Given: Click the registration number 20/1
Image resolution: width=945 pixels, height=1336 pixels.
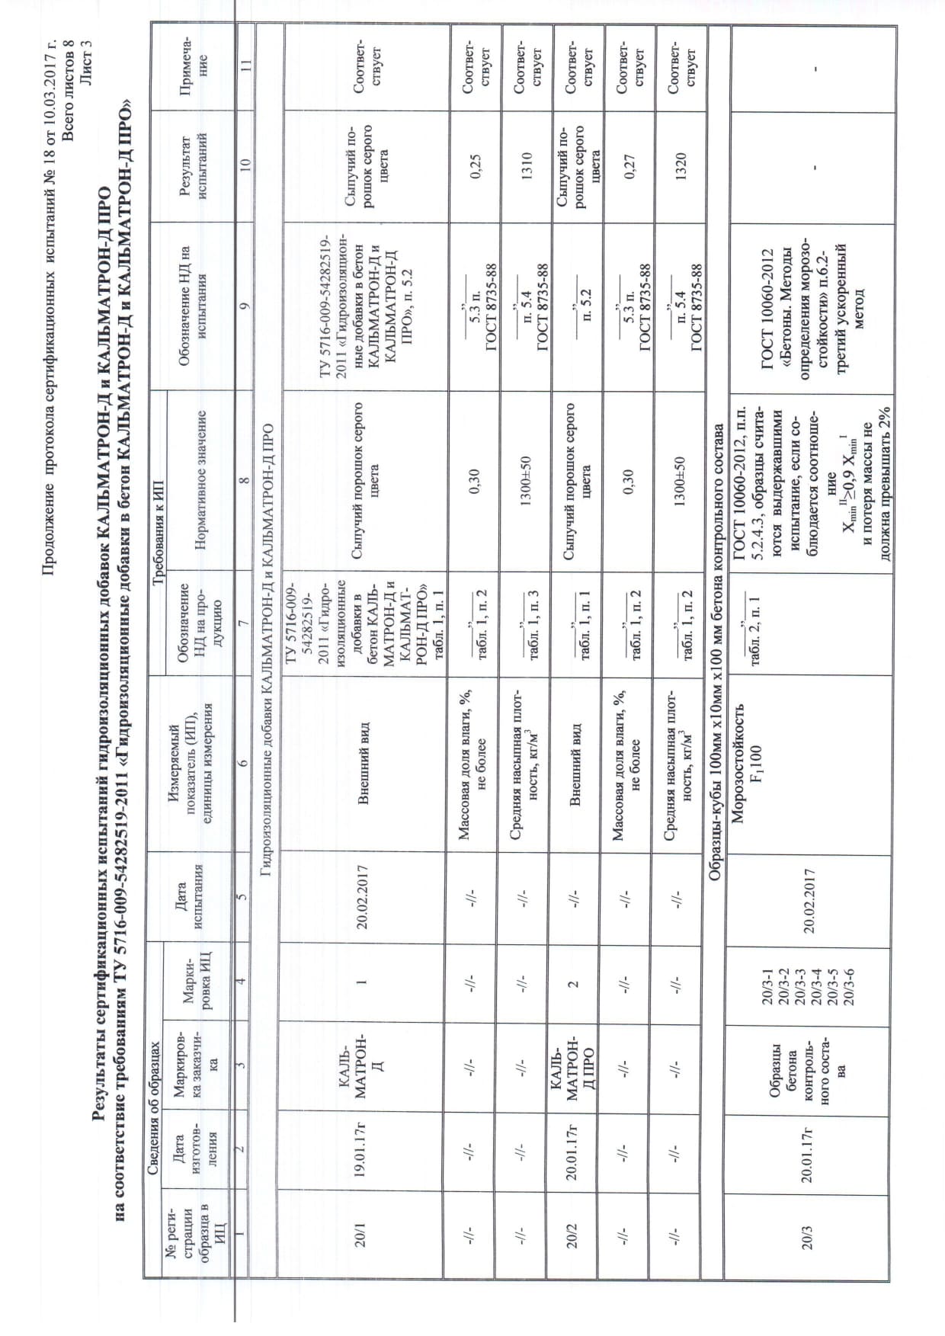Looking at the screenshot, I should coord(363,1235).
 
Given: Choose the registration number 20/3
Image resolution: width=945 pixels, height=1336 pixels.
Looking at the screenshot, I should coord(809,1235).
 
